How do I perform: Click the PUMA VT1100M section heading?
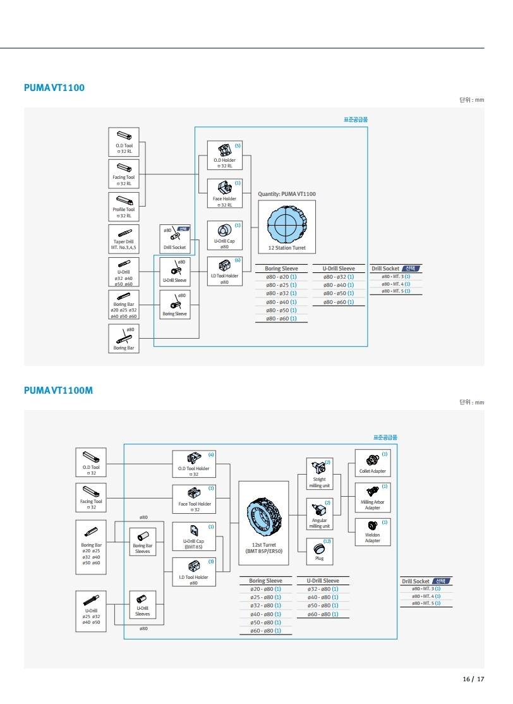coord(58,391)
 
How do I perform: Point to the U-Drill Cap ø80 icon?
coord(224,231)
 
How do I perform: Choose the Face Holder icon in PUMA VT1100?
coord(224,188)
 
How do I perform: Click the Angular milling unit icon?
coord(319,508)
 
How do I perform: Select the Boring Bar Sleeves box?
coord(143,540)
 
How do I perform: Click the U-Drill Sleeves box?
coord(143,604)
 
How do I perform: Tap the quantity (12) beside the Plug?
coord(327,542)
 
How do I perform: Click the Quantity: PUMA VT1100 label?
coord(287,194)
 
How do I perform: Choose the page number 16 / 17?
coord(473,679)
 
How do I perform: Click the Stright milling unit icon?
coord(319,468)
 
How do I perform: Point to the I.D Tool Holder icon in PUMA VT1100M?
coord(194,564)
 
